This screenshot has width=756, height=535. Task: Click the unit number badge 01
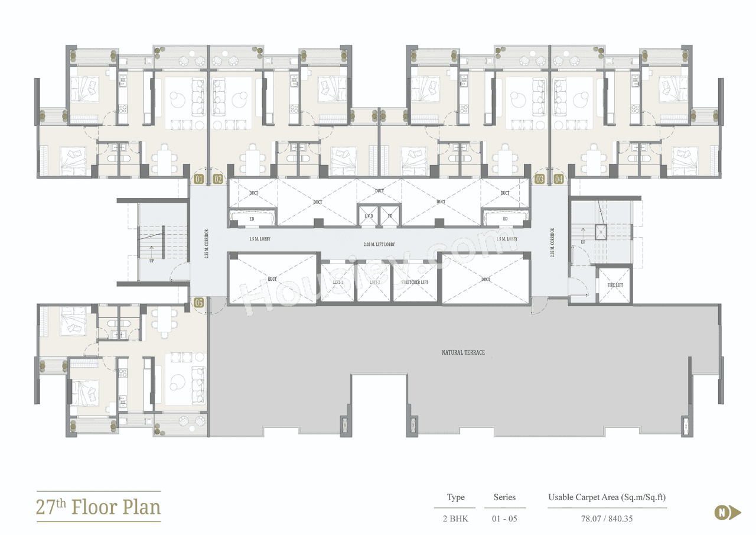[198, 179]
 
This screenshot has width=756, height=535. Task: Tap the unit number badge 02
[218, 179]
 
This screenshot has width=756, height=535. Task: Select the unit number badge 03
[539, 179]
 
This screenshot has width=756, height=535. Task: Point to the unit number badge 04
[559, 179]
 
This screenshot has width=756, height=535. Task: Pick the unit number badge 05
[198, 303]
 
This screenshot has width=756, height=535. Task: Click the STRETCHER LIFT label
[415, 283]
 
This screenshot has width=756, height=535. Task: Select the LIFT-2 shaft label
[375, 283]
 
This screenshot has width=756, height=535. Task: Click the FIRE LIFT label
[615, 285]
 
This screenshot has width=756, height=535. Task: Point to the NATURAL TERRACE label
[463, 352]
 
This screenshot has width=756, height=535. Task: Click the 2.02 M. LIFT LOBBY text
[379, 244]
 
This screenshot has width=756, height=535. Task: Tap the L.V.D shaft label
[369, 216]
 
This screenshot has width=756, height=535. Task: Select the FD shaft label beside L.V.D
[390, 216]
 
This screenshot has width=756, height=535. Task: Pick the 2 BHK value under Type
[454, 518]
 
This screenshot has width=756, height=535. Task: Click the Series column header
[504, 497]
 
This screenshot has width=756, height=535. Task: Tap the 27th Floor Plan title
[98, 507]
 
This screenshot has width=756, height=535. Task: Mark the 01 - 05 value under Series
[504, 518]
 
